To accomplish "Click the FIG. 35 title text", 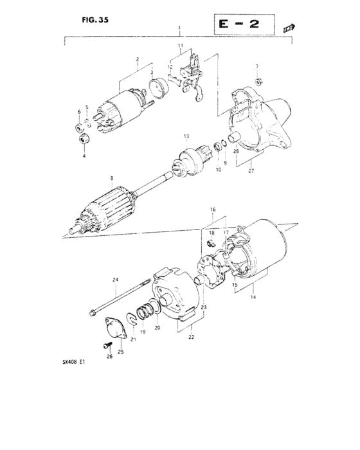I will [95, 19].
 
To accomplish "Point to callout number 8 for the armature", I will [111, 178].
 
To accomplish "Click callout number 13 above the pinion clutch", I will [185, 136].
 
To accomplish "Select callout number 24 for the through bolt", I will [116, 279].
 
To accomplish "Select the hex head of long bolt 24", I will [94, 314].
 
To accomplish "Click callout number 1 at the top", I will [179, 30].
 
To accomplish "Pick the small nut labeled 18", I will [212, 242].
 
